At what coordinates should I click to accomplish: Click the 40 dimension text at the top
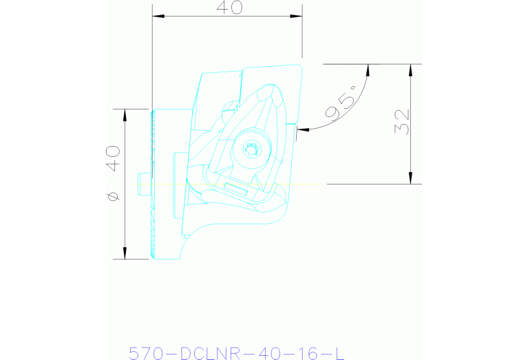[229, 8]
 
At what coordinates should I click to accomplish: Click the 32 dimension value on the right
[402, 122]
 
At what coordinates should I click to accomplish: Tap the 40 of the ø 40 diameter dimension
[112, 158]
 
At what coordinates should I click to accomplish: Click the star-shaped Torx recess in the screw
[252, 149]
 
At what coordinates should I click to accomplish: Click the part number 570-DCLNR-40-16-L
[237, 353]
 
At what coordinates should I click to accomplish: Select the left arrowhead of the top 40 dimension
[158, 16]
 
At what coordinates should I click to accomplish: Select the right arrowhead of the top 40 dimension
[296, 16]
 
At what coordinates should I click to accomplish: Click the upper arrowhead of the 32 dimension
[410, 70]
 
